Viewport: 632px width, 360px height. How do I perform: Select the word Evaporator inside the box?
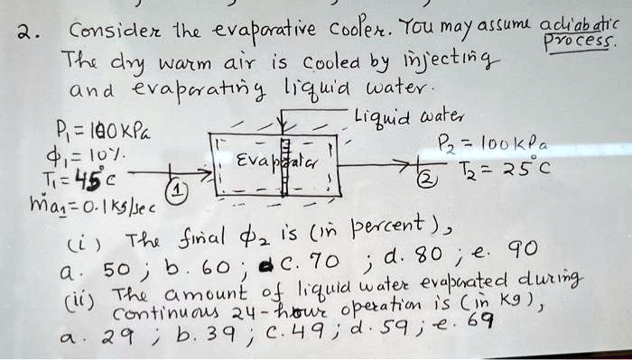coord(262,162)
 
